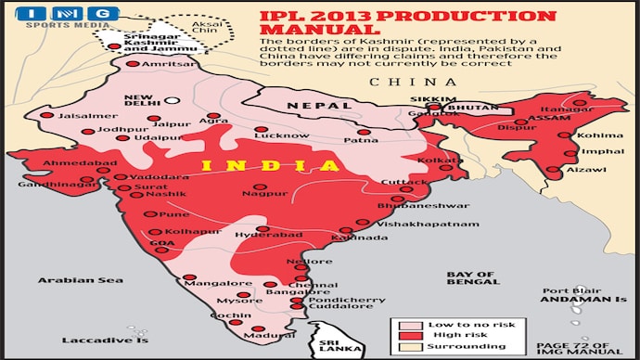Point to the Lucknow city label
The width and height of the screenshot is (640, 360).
[262, 135]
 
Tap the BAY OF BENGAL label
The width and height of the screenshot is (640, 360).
[471, 278]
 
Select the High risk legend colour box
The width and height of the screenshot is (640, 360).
[404, 335]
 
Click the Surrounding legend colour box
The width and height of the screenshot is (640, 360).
[404, 346]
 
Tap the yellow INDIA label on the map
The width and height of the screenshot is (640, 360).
[269, 165]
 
